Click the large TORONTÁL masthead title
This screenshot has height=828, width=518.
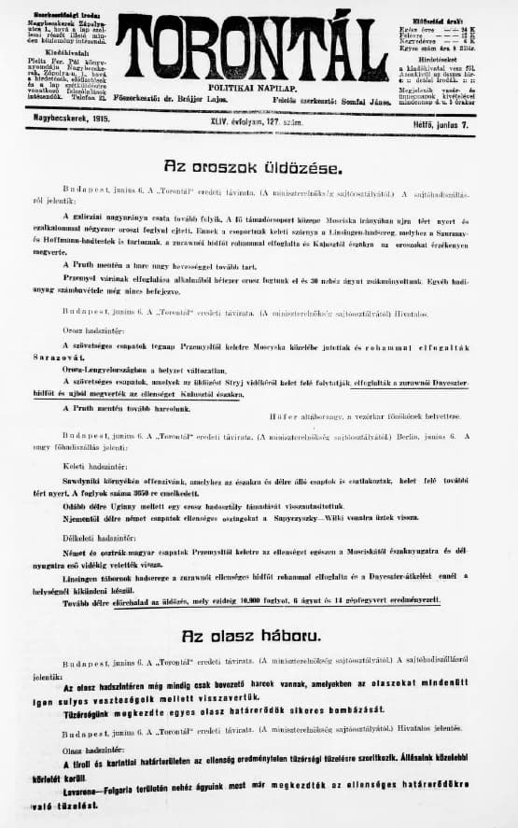pos(252,47)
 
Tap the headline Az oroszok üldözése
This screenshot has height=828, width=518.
pos(253,167)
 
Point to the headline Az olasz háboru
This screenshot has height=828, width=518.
pos(253,636)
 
